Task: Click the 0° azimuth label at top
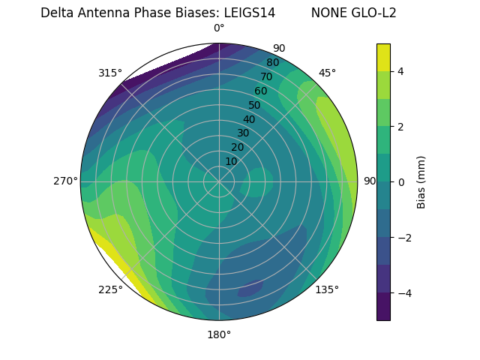pyautogui.click(x=219, y=28)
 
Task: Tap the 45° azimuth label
pyautogui.click(x=327, y=73)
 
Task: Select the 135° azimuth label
pyautogui.click(x=327, y=289)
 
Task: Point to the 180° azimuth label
pyautogui.click(x=219, y=334)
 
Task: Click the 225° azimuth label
pyautogui.click(x=110, y=290)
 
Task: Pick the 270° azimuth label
pyautogui.click(x=65, y=181)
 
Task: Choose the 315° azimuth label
pyautogui.click(x=109, y=73)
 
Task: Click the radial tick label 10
pyautogui.click(x=231, y=161)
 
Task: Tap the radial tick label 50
pyautogui.click(x=254, y=105)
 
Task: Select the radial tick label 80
pyautogui.click(x=272, y=62)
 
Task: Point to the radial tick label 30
pyautogui.click(x=243, y=133)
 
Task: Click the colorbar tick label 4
pyautogui.click(x=401, y=71)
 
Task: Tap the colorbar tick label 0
pyautogui.click(x=401, y=182)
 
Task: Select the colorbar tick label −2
pyautogui.click(x=404, y=238)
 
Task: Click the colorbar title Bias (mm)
pyautogui.click(x=421, y=182)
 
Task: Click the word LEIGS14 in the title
pyautogui.click(x=250, y=13)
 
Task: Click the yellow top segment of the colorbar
pyautogui.click(x=383, y=57)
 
